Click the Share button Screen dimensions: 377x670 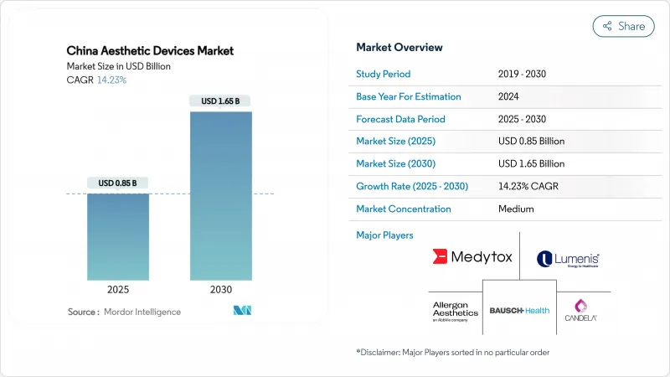623,26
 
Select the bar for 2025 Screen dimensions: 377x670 118,237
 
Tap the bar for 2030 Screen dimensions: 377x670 221,196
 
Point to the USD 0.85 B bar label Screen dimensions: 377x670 118,183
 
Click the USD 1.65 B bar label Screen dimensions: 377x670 221,101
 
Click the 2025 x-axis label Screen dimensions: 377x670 118,289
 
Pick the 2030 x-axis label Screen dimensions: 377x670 221,289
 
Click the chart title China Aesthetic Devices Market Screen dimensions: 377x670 151,50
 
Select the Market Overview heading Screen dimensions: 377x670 399,48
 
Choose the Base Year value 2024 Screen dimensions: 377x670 509,96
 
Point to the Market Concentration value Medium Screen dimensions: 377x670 516,209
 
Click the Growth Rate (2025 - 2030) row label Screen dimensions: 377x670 412,186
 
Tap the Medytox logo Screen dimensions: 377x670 472,257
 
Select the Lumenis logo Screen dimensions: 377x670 568,259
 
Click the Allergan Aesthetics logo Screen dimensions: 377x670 455,310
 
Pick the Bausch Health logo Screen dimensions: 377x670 519,310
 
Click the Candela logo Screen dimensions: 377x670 580,309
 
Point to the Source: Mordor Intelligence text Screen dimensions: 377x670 124,312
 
